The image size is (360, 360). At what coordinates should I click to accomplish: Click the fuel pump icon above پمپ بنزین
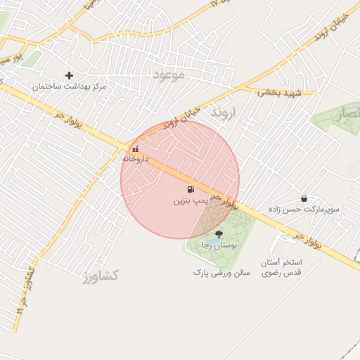click(x=190, y=189)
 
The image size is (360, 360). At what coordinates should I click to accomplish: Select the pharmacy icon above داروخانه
click(x=135, y=149)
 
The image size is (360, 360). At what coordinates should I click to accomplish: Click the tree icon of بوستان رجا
click(x=218, y=234)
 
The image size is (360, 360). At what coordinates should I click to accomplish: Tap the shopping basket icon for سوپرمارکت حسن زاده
click(x=304, y=199)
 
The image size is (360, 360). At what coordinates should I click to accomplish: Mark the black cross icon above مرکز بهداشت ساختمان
click(x=69, y=75)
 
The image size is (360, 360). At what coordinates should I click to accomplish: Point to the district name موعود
click(x=168, y=74)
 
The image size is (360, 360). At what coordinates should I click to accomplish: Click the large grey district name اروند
click(x=225, y=112)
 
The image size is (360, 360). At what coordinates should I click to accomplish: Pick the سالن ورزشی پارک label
click(x=221, y=271)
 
